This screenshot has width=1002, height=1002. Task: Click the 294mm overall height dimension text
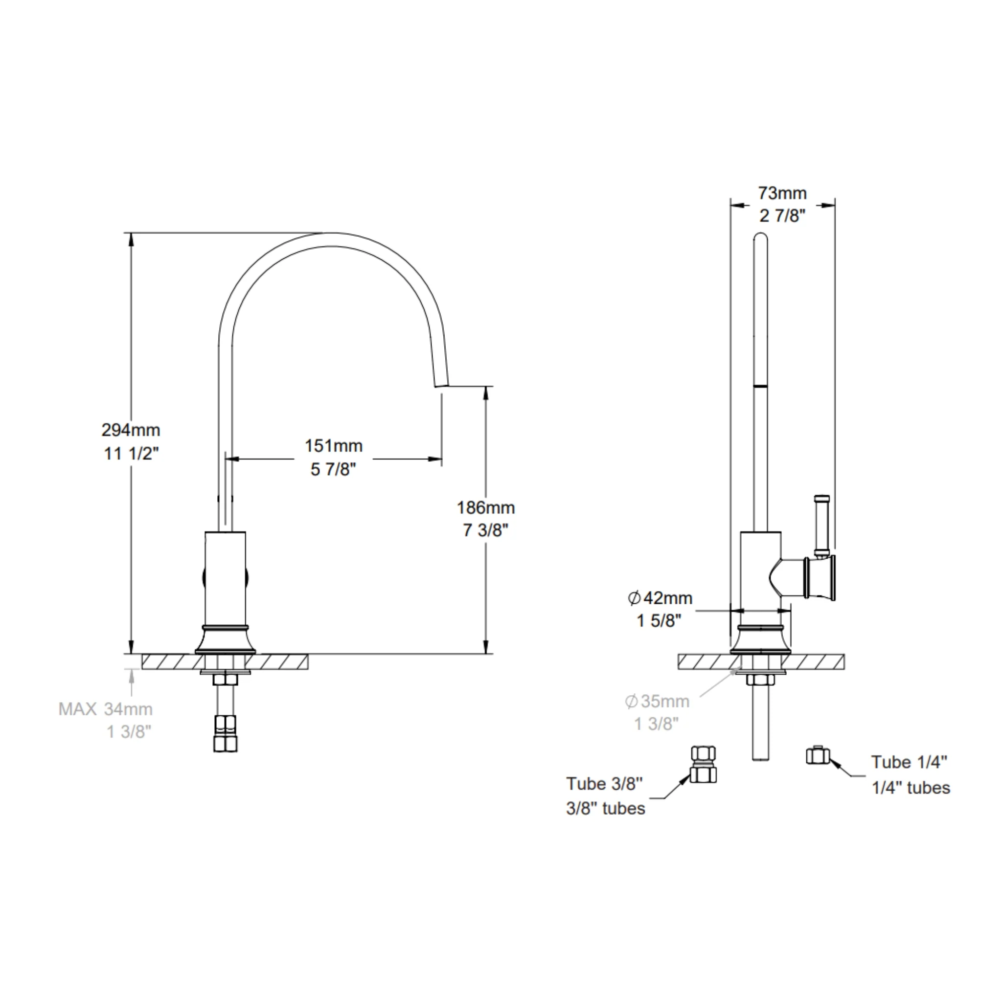pos(131,430)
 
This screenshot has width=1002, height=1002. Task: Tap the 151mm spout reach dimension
pos(334,446)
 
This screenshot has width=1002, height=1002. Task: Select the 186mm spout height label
pos(485,508)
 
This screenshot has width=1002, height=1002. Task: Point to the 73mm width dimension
pos(782,193)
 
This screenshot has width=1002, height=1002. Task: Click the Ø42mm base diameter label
pos(660,598)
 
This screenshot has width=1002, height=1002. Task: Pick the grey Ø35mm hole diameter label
pos(657,701)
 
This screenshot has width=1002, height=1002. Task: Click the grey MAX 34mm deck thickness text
pos(106,709)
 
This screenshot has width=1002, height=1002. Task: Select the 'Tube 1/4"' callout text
pos(909,762)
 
